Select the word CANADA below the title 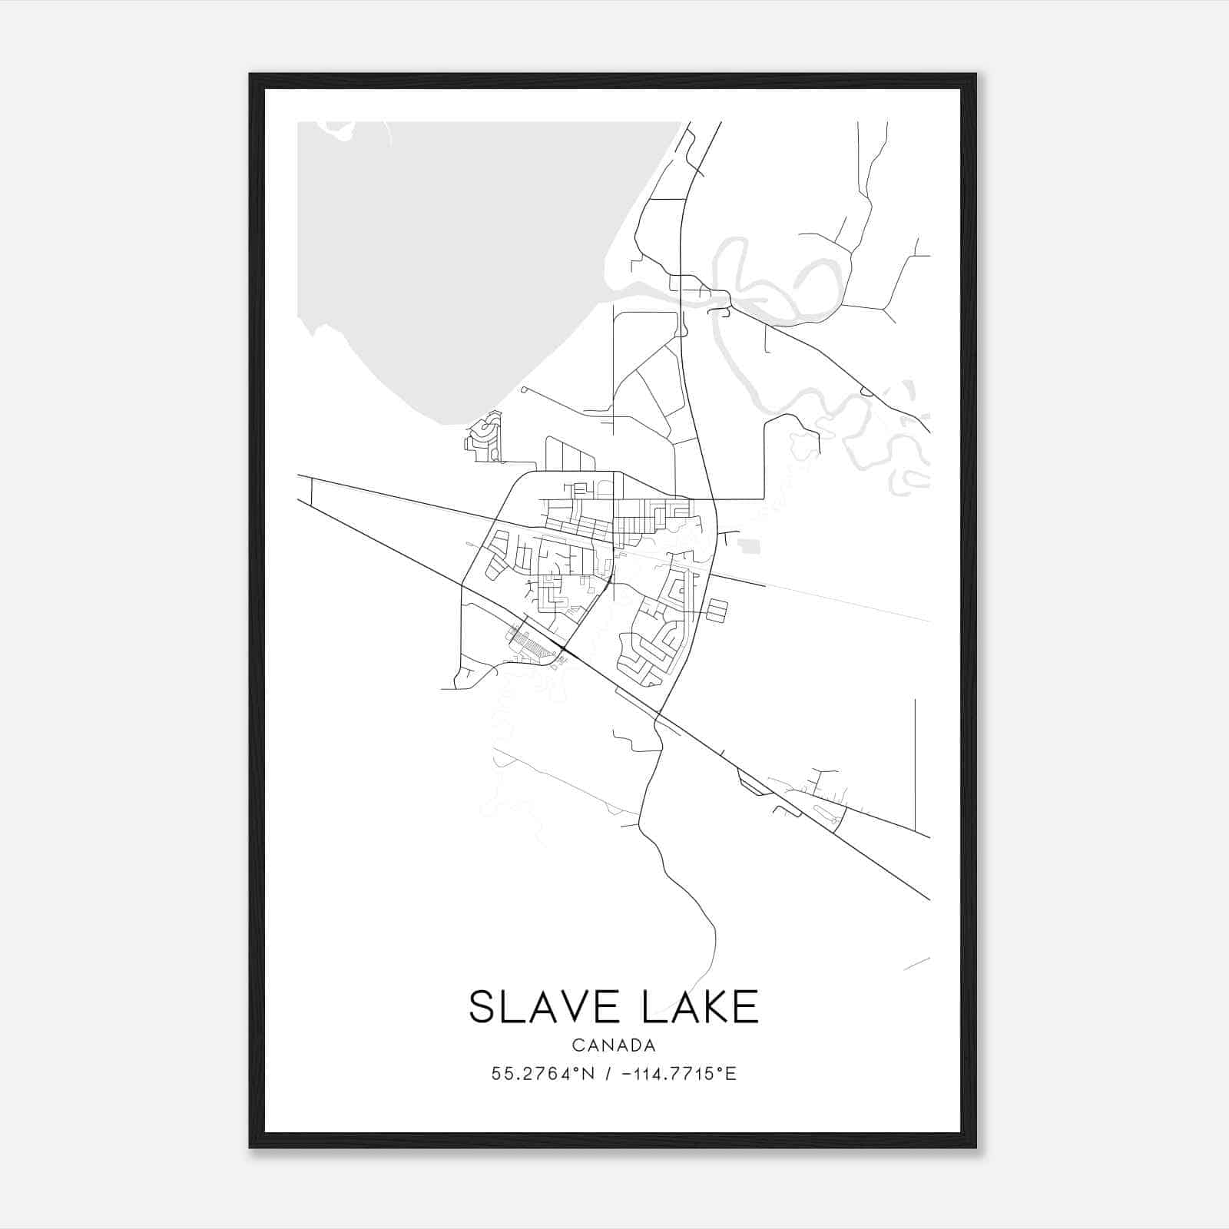click(x=614, y=1045)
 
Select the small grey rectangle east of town click(x=749, y=546)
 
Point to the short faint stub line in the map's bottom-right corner click(x=917, y=963)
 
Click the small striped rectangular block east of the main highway click(x=716, y=611)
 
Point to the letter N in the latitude click(x=589, y=1074)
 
